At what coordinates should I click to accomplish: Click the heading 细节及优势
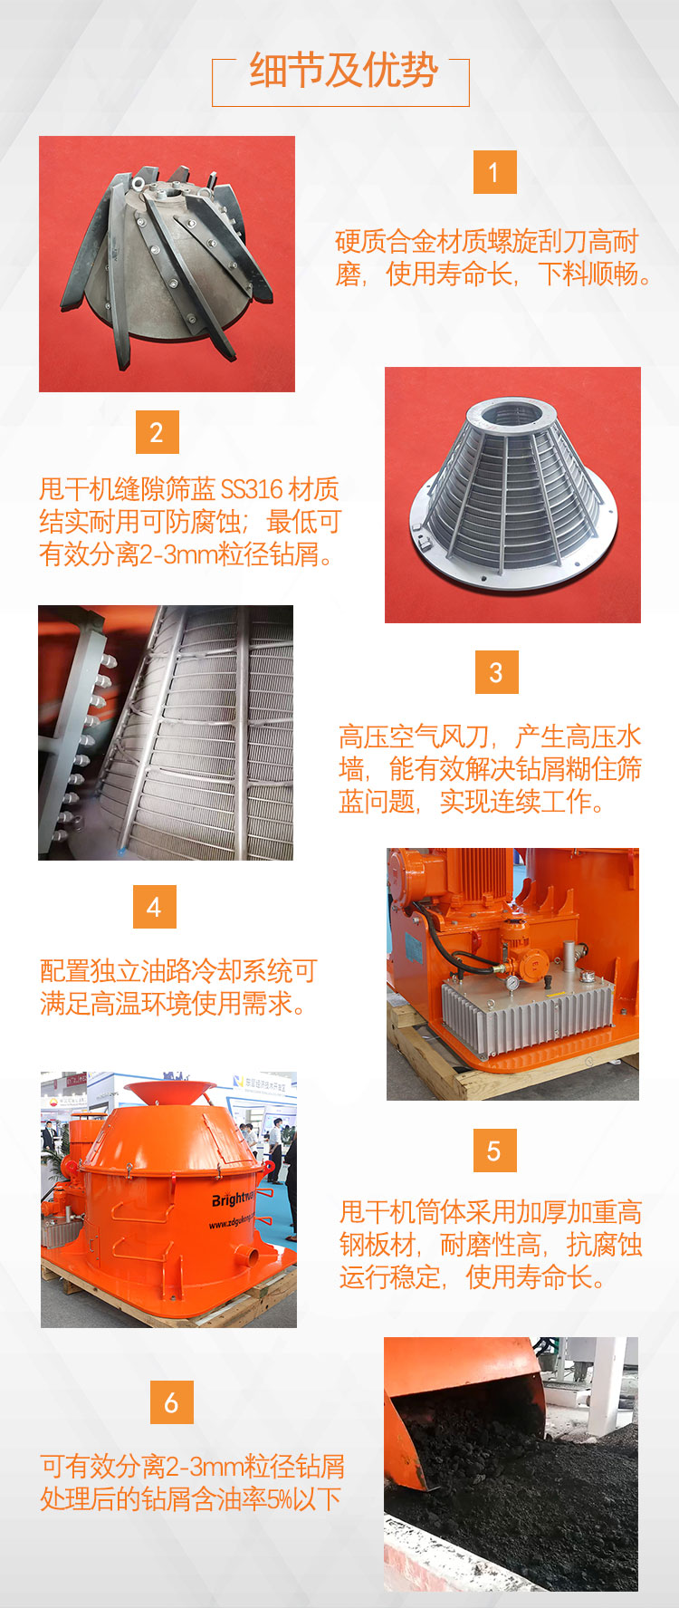343,71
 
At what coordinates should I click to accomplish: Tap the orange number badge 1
494,172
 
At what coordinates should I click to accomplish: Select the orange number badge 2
157,432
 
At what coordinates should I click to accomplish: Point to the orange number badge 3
496,672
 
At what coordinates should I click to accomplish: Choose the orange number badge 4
154,907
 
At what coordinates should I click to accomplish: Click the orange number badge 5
494,1151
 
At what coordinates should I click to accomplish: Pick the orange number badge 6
171,1402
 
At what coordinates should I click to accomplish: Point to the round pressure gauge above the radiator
513,982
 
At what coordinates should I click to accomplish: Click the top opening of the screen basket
512,413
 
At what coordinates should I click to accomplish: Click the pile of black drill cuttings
507,1486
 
